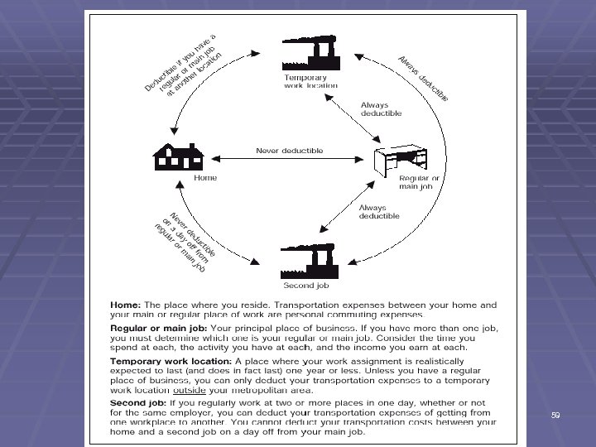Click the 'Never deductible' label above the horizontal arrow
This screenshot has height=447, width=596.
pyautogui.click(x=289, y=151)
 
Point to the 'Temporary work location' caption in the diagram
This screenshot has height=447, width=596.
pyautogui.click(x=310, y=81)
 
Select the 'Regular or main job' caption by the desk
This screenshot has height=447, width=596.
pyautogui.click(x=419, y=182)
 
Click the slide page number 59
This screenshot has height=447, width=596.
pyautogui.click(x=555, y=415)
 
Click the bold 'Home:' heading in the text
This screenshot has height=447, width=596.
pyautogui.click(x=128, y=305)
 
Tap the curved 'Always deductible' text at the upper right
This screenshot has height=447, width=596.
pyautogui.click(x=423, y=79)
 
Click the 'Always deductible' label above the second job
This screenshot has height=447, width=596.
pyautogui.click(x=379, y=211)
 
